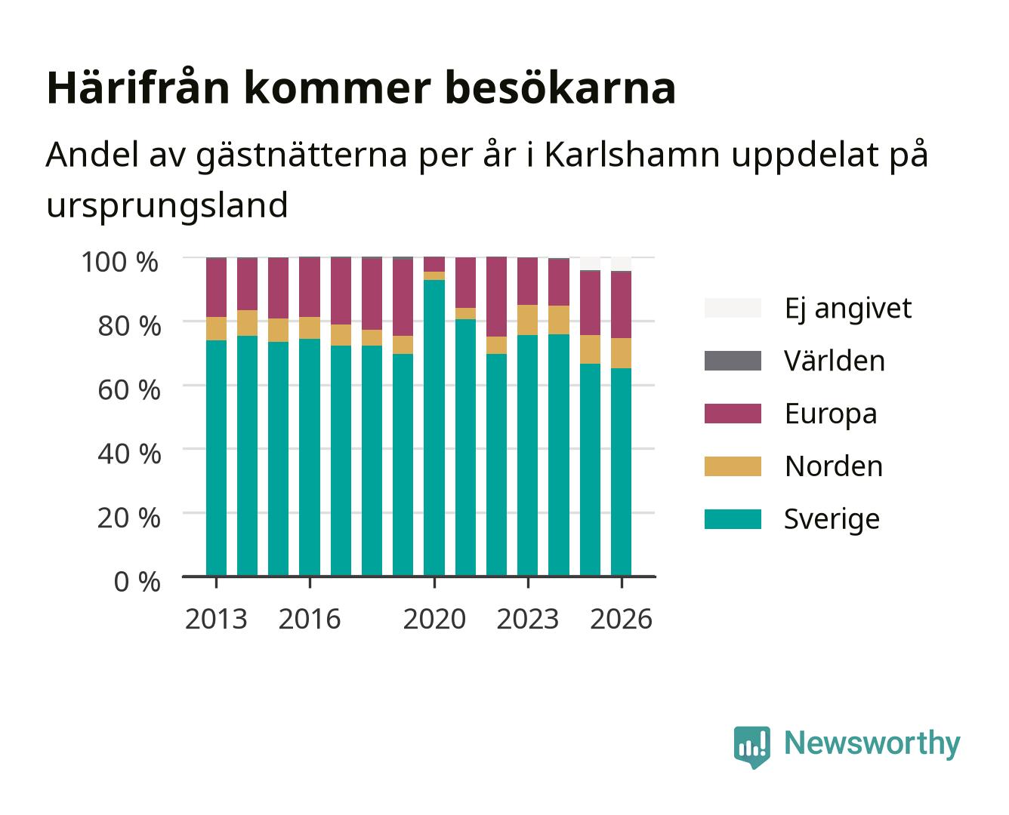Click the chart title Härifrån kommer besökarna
pyautogui.click(x=361, y=88)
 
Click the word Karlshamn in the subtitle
pyautogui.click(x=632, y=154)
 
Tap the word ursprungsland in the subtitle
pyautogui.click(x=167, y=205)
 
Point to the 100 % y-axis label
pyautogui.click(x=120, y=262)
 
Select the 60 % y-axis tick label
pyautogui.click(x=129, y=390)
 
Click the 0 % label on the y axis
pyautogui.click(x=137, y=582)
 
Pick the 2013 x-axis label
pyautogui.click(x=216, y=619)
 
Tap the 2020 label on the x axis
pyautogui.click(x=434, y=619)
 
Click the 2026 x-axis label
pyautogui.click(x=621, y=619)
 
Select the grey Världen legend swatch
pyautogui.click(x=733, y=361)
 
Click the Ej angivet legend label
pyautogui.click(x=848, y=309)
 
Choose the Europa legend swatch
pyautogui.click(x=733, y=414)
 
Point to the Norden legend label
pyautogui.click(x=834, y=466)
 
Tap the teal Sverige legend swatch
pyautogui.click(x=733, y=518)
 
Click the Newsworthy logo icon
pyautogui.click(x=751, y=747)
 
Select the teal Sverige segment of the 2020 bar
pyautogui.click(x=434, y=428)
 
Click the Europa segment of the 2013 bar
pyautogui.click(x=216, y=288)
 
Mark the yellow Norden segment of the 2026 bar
pyautogui.click(x=621, y=353)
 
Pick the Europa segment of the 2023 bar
pyautogui.click(x=528, y=281)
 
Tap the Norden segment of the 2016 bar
pyautogui.click(x=310, y=328)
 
